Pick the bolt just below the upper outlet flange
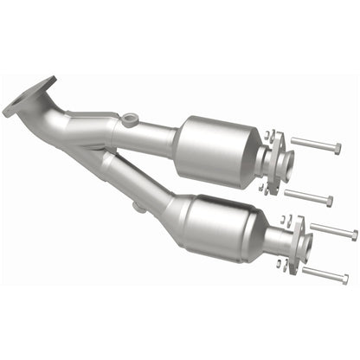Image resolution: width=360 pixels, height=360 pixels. point(307,198)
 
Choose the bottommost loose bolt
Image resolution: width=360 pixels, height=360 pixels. point(325,275)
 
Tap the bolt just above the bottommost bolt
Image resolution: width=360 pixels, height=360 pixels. point(333,231)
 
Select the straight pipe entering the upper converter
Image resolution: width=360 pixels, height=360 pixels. point(151,133)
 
